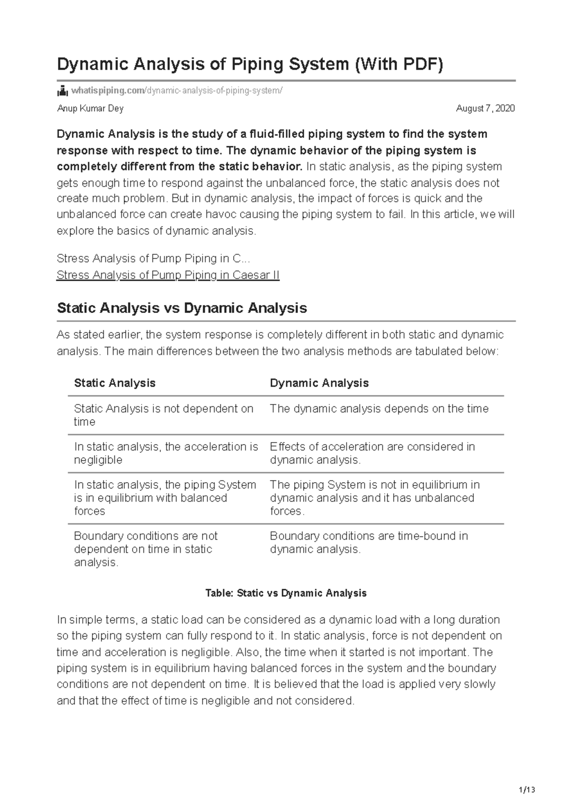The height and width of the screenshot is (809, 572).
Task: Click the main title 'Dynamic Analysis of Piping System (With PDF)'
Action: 250,64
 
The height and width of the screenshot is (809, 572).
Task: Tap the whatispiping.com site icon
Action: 62,91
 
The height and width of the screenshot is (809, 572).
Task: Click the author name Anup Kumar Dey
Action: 90,109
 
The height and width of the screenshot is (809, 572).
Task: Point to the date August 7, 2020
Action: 485,109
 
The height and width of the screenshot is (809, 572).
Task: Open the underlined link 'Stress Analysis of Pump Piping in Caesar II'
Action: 168,275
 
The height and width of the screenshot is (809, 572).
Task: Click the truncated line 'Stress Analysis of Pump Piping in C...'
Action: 153,259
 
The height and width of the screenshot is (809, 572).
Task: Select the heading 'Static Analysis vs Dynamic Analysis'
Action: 182,308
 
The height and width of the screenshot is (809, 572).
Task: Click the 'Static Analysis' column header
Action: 115,383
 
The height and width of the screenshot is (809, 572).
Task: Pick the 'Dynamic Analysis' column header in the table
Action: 319,383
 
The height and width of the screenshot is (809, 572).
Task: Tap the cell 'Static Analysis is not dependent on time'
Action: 163,415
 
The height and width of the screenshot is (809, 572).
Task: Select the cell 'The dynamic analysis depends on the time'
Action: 379,409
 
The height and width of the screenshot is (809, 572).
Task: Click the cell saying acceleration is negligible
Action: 165,453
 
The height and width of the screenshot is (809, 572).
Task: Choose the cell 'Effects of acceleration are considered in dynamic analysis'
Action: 372,453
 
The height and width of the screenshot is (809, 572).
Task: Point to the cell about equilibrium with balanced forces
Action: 165,498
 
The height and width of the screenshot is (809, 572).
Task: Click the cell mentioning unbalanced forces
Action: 375,498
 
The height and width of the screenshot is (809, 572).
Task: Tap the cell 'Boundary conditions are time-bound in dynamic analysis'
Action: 368,542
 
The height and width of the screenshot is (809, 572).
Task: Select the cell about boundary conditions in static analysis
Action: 145,549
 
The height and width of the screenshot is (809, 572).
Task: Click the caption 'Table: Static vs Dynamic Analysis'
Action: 286,593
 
